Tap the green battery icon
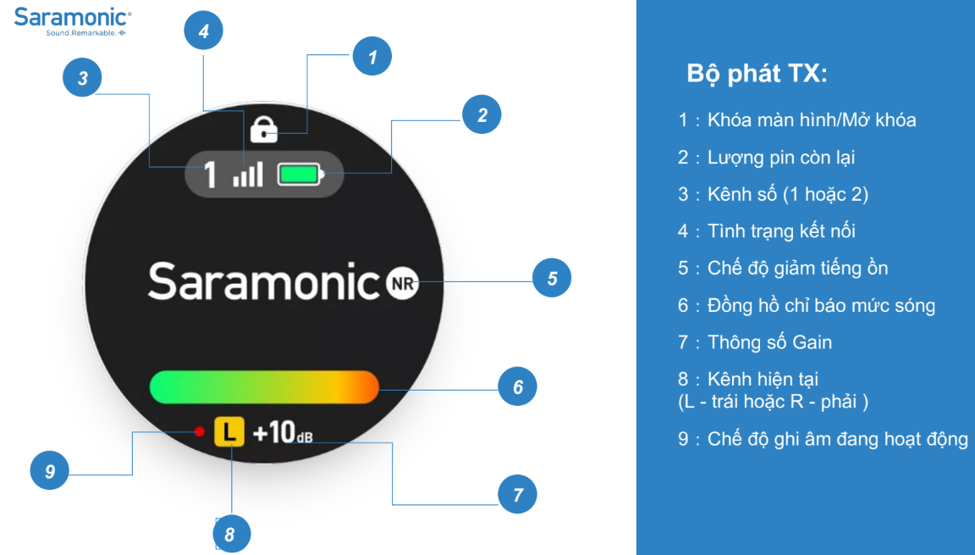pos(300,175)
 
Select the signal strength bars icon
pos(248,175)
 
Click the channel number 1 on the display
pos(211,175)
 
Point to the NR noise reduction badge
pos(402,283)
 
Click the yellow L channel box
pos(229,431)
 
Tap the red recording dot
pos(200,431)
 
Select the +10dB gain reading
pos(283,432)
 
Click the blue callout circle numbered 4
pos(203,31)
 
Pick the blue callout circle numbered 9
pos(50,470)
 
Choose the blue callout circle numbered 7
pos(517,494)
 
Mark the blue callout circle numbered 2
pos(482,114)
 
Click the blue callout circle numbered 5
pos(552,278)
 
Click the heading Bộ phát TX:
pos(757,74)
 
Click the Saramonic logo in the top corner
pos(72,21)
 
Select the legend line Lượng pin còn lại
pos(781,158)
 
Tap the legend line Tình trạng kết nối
pos(782,231)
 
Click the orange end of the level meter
pos(366,387)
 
